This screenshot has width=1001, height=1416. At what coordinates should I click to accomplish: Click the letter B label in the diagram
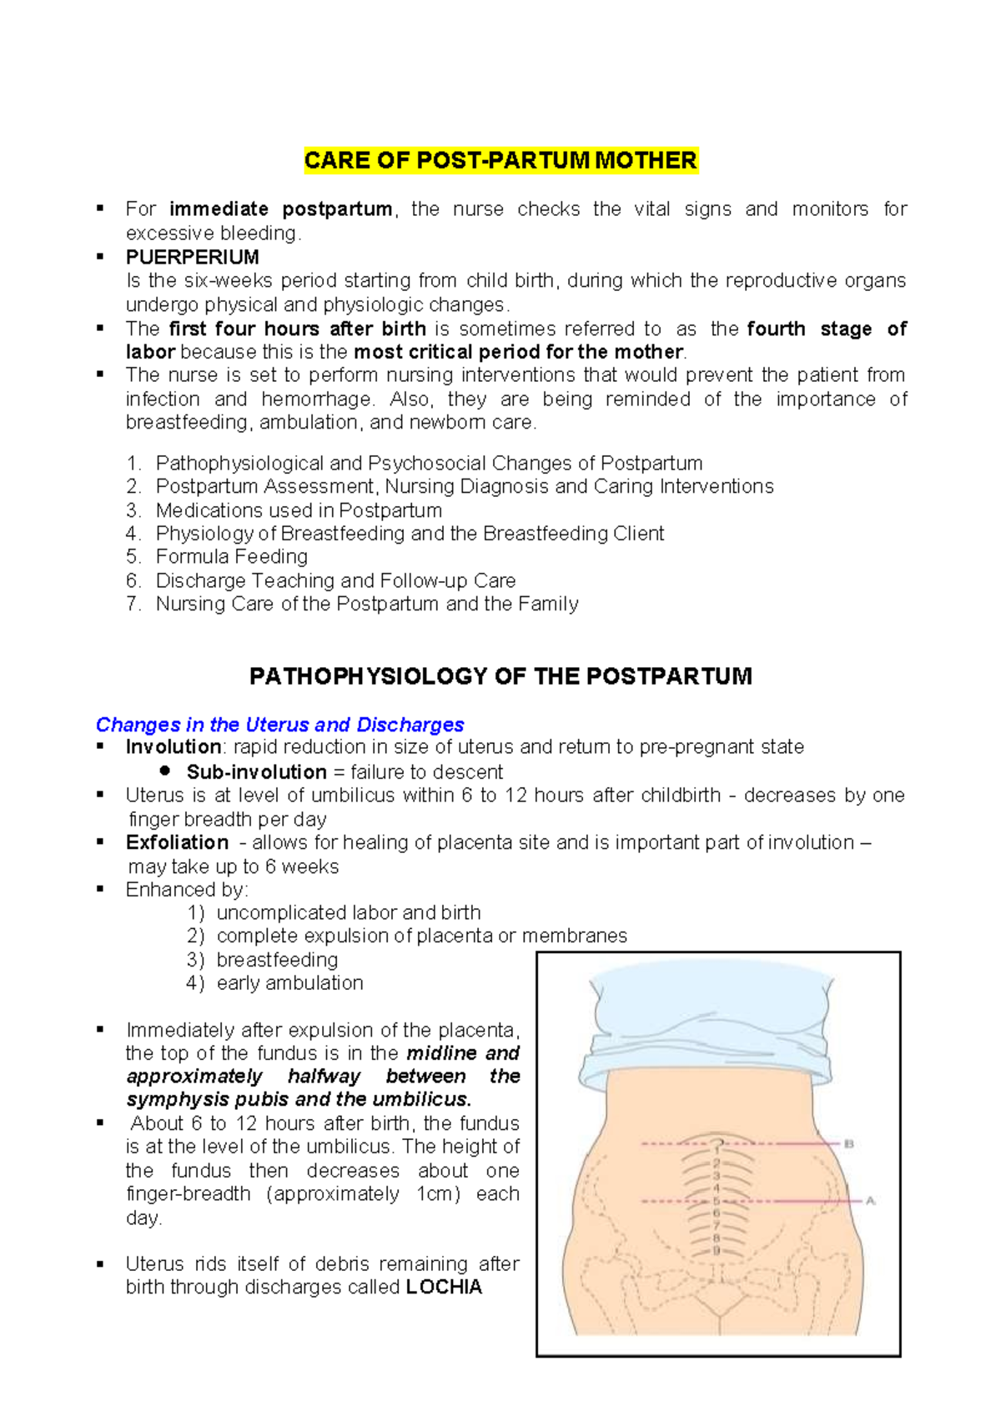[849, 1144]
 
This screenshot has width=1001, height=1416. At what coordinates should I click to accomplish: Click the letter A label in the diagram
[870, 1201]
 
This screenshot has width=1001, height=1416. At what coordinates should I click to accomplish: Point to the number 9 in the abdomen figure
[716, 1251]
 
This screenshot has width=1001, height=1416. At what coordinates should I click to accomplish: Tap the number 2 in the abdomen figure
[716, 1162]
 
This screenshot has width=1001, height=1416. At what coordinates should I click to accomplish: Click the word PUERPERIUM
[192, 257]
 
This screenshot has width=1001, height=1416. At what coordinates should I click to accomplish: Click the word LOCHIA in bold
[444, 1287]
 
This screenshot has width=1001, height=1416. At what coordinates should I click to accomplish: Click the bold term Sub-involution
[256, 771]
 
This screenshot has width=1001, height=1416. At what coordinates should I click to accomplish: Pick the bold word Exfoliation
[177, 842]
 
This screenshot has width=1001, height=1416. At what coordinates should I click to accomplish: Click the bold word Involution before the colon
[173, 746]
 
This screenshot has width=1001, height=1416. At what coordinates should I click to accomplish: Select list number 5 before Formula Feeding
[133, 557]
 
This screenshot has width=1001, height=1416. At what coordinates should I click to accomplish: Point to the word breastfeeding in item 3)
[277, 960]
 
